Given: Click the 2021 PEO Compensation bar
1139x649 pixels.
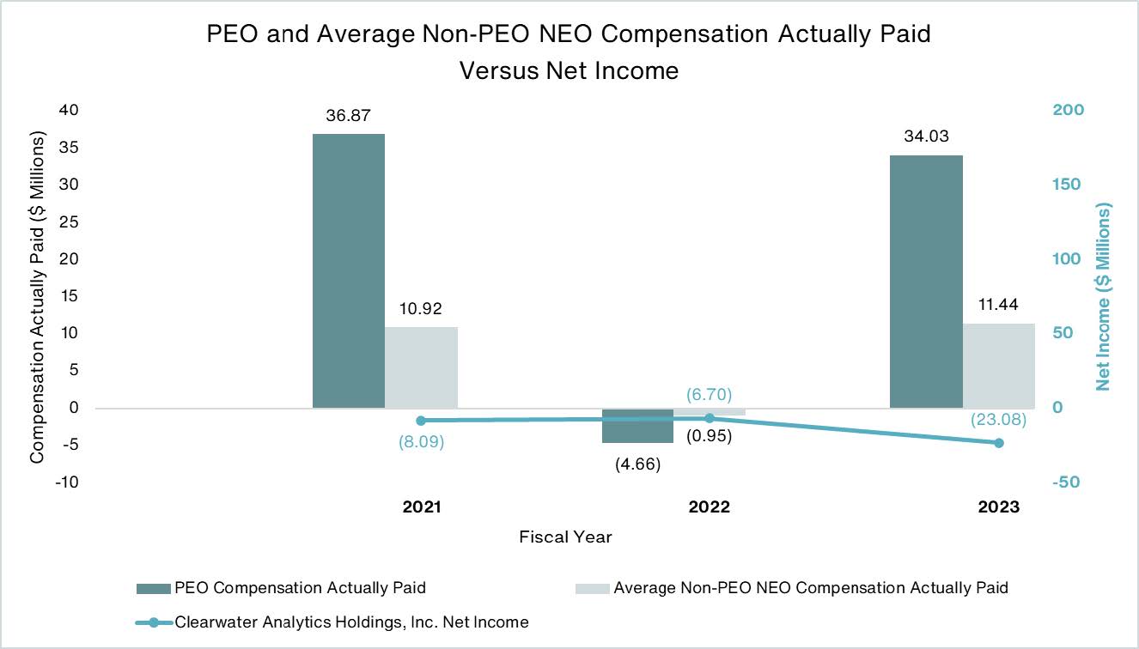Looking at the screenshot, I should (348, 270).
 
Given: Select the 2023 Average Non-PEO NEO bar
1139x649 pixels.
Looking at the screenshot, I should (998, 365).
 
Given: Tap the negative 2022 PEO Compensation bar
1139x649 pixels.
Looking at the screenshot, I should (636, 426).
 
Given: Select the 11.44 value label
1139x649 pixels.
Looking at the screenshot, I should (998, 306).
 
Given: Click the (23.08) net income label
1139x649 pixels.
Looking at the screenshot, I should (998, 421).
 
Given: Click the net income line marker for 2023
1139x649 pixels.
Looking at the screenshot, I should (998, 443).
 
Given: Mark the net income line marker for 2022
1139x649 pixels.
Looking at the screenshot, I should (710, 418).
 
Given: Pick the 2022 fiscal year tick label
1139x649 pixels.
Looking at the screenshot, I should (709, 507).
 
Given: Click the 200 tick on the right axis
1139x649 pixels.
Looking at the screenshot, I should (1069, 110).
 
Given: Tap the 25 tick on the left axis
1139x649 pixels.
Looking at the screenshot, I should (68, 221).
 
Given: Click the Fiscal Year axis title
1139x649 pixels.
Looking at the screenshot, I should (565, 537).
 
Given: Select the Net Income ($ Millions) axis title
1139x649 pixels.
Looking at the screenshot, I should (1103, 296).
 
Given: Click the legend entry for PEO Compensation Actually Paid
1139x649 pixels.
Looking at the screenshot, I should (300, 588).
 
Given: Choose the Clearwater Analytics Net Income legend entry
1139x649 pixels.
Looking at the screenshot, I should (350, 622).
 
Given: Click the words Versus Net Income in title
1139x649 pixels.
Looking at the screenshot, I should (569, 70).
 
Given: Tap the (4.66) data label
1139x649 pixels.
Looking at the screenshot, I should (636, 464).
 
